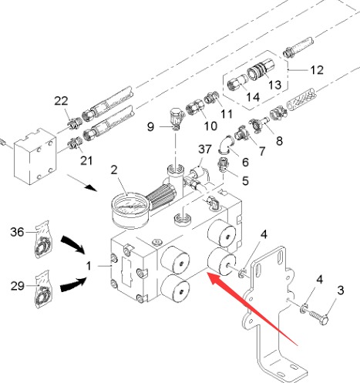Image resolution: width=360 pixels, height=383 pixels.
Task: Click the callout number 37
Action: [x=205, y=150]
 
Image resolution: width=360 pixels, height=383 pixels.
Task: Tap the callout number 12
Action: [x=317, y=70]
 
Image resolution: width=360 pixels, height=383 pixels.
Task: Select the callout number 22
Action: [x=61, y=101]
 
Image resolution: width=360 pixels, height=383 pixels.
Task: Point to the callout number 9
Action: [x=150, y=126]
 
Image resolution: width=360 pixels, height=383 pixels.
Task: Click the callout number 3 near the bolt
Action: [x=340, y=291]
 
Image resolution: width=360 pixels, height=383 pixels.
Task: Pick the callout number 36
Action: [x=17, y=232]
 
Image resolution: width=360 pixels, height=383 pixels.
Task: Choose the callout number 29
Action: [x=18, y=286]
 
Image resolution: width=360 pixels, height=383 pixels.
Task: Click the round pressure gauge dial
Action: [x=130, y=210]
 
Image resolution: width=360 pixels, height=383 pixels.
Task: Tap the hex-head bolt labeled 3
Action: [x=318, y=317]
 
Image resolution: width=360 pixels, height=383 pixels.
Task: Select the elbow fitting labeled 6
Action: [x=225, y=144]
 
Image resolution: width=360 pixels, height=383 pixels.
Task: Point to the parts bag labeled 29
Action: [x=43, y=289]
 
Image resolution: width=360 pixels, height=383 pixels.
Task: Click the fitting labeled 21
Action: [x=75, y=144]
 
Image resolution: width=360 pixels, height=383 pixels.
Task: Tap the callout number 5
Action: [x=245, y=180]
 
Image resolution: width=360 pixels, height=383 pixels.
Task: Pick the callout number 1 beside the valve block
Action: [x=89, y=266]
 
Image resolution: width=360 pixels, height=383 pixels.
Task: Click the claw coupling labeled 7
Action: [x=241, y=133]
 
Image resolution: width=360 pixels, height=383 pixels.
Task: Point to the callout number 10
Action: [x=210, y=126]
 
